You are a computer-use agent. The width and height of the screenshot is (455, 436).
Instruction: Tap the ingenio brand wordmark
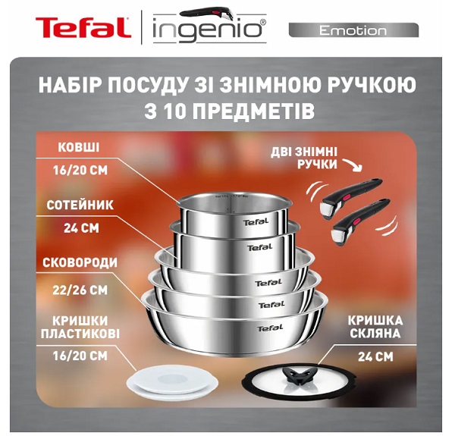point(208,30)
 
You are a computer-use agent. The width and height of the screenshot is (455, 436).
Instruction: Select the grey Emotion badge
point(353,30)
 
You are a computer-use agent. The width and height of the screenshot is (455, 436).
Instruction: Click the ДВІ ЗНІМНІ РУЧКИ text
point(303,156)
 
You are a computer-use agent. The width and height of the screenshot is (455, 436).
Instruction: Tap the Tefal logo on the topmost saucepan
point(255,222)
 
